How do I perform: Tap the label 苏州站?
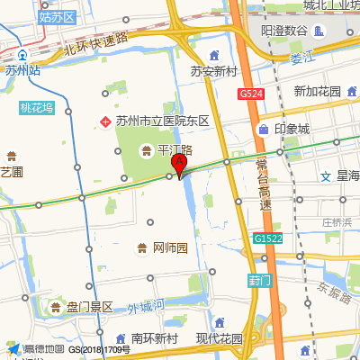point(22,69)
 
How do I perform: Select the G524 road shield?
point(251,94)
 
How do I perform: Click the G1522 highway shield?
point(267,238)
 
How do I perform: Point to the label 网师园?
point(170,247)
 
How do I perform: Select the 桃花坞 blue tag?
point(37,108)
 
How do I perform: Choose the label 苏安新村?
point(213,72)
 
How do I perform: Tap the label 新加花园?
point(317,92)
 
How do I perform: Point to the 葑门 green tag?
point(258,280)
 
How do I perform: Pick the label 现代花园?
point(220,338)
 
